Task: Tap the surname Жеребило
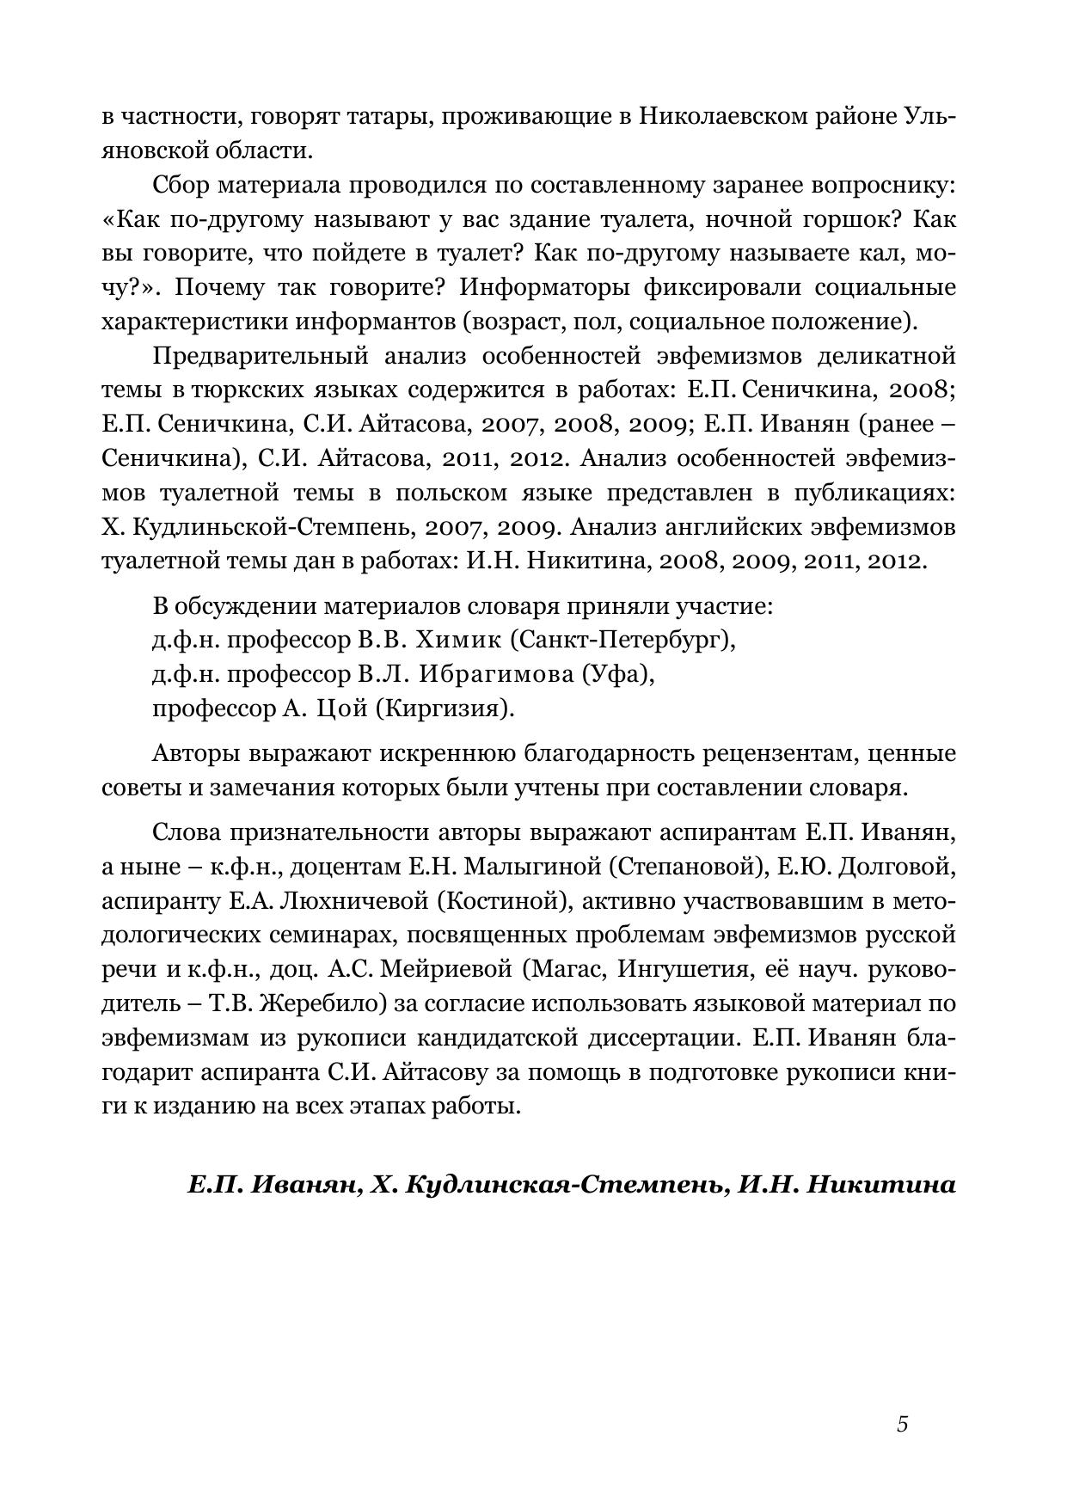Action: point(303,1003)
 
